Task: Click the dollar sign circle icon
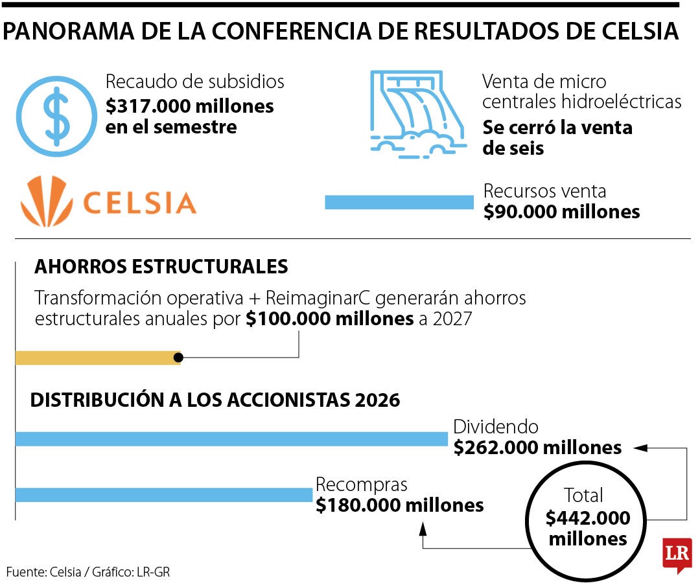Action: [x=56, y=117]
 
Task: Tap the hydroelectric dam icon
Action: [x=418, y=114]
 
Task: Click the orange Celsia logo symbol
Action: [x=47, y=201]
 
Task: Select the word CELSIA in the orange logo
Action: [x=139, y=203]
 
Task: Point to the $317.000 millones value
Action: [x=190, y=106]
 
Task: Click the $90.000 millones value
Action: [x=561, y=211]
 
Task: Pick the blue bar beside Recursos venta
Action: [x=399, y=202]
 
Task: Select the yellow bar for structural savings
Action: [x=98, y=358]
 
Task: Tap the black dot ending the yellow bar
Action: [x=179, y=358]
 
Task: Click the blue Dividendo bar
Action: [x=231, y=439]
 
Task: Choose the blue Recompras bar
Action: [x=164, y=495]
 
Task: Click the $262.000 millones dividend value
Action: [x=537, y=448]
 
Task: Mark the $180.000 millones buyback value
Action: [x=399, y=505]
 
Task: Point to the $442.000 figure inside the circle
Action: [x=587, y=518]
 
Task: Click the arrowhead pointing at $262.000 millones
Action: [x=640, y=448]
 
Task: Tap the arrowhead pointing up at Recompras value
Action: [x=423, y=529]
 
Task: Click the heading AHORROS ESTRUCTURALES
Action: [x=161, y=266]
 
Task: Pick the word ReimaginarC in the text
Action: [x=318, y=298]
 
